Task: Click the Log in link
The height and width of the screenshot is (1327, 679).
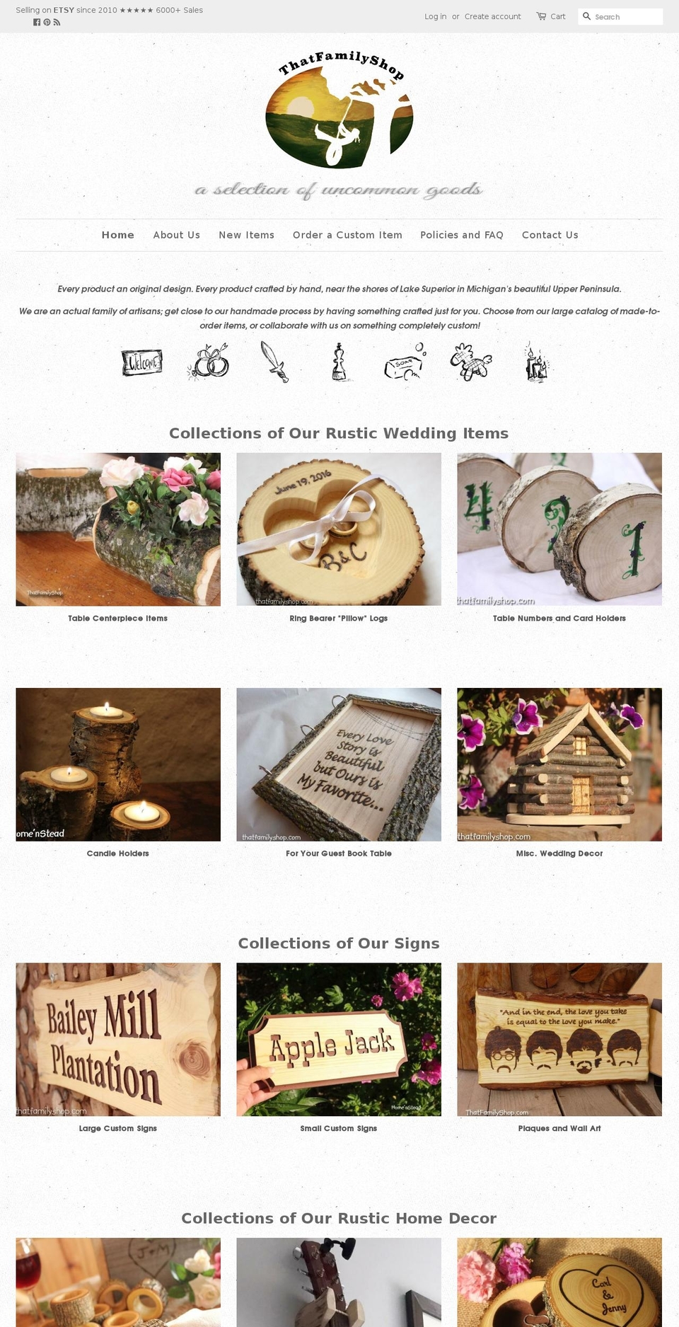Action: pos(435,16)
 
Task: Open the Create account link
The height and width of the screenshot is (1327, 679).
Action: pos(492,16)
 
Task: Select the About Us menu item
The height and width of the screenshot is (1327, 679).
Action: pos(176,235)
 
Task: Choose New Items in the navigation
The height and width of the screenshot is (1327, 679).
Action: pos(246,235)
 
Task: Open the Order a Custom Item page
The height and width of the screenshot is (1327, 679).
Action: pos(347,235)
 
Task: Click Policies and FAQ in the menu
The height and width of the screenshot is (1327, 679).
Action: pos(461,235)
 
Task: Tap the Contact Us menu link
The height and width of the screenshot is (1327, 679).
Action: pos(550,235)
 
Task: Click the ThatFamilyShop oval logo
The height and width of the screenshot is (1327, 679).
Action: pos(339,113)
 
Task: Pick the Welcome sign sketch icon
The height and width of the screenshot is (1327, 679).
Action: pos(141,362)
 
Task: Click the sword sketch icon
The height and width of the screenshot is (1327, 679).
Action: pos(274,362)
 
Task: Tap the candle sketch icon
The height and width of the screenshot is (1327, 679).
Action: pos(535,362)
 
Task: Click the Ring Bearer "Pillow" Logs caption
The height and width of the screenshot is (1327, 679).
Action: pos(338,619)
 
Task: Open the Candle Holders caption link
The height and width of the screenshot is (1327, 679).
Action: pos(117,854)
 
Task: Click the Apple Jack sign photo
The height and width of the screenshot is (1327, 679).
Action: pos(338,1039)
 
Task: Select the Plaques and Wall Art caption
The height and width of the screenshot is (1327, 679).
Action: pos(559,1128)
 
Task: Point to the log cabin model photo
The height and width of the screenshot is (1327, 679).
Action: pos(559,764)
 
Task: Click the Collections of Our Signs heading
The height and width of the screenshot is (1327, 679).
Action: pos(339,943)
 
